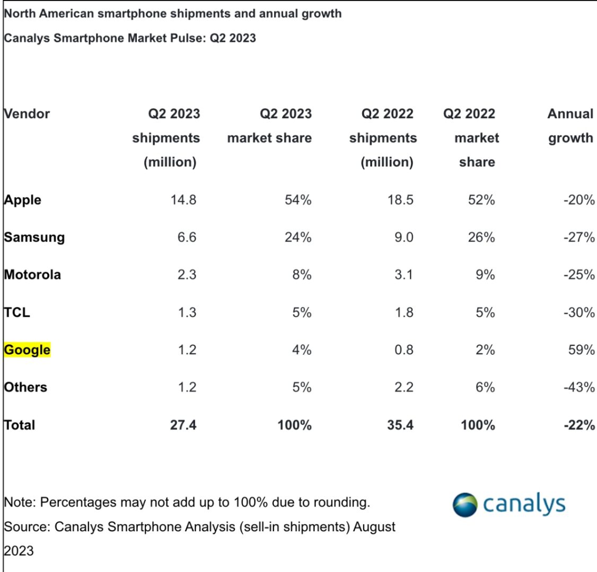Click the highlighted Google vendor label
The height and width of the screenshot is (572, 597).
(x=27, y=350)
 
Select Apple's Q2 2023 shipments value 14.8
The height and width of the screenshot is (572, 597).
(x=183, y=200)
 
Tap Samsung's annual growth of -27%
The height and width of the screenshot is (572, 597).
(x=578, y=237)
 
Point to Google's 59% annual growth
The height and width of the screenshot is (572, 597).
(x=581, y=350)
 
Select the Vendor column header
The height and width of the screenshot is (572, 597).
(x=27, y=114)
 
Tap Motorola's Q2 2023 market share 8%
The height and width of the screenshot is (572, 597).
(x=301, y=275)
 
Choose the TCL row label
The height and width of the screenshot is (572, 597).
(x=17, y=312)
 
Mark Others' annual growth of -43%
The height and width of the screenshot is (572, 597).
(x=578, y=388)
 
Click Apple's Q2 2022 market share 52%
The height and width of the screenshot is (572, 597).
(x=481, y=200)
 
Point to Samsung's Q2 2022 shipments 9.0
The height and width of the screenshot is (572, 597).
(x=403, y=237)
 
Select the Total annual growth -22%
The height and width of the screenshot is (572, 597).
(x=578, y=425)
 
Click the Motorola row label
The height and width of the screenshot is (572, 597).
(x=32, y=275)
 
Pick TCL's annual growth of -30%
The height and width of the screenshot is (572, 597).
(x=578, y=312)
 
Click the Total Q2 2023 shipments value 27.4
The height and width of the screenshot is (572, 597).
(x=183, y=425)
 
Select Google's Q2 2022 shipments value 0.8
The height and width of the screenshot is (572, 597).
(x=403, y=350)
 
